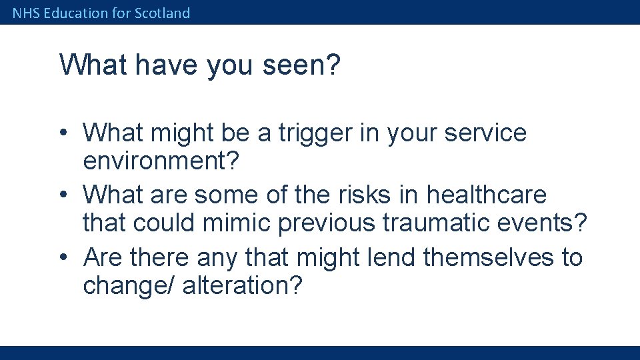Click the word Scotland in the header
click(162, 13)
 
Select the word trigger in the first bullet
click(320, 133)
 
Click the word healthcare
click(486, 195)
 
